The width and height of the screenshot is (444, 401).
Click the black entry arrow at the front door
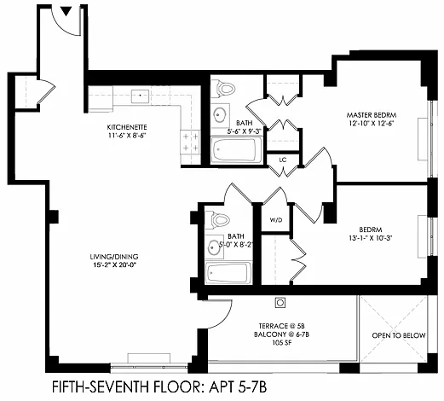pyautogui.click(x=66, y=11)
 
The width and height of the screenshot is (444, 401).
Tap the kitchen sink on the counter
pyautogui.click(x=140, y=96)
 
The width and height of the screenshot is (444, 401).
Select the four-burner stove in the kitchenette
pyautogui.click(x=191, y=142)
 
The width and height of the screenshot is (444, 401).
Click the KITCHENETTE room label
pyautogui.click(x=127, y=127)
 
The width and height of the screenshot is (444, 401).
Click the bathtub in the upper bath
pyautogui.click(x=237, y=150)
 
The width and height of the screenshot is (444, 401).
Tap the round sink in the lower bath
pyautogui.click(x=215, y=247)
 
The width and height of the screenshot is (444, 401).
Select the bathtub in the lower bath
pyautogui.click(x=228, y=273)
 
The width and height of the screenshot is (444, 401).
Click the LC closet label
pyautogui.click(x=283, y=160)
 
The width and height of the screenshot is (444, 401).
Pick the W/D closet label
pyautogui.click(x=276, y=220)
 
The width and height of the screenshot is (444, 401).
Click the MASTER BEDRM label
pyautogui.click(x=372, y=115)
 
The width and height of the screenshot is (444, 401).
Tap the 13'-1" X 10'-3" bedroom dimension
pyautogui.click(x=371, y=238)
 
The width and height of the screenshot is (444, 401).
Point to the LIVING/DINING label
pyautogui.click(x=114, y=257)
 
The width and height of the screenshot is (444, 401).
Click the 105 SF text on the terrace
pyautogui.click(x=281, y=343)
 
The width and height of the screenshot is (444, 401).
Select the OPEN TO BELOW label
pyautogui.click(x=399, y=335)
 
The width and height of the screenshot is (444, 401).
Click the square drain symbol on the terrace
pyautogui.click(x=280, y=303)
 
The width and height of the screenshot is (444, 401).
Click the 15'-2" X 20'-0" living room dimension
pyautogui.click(x=114, y=265)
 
